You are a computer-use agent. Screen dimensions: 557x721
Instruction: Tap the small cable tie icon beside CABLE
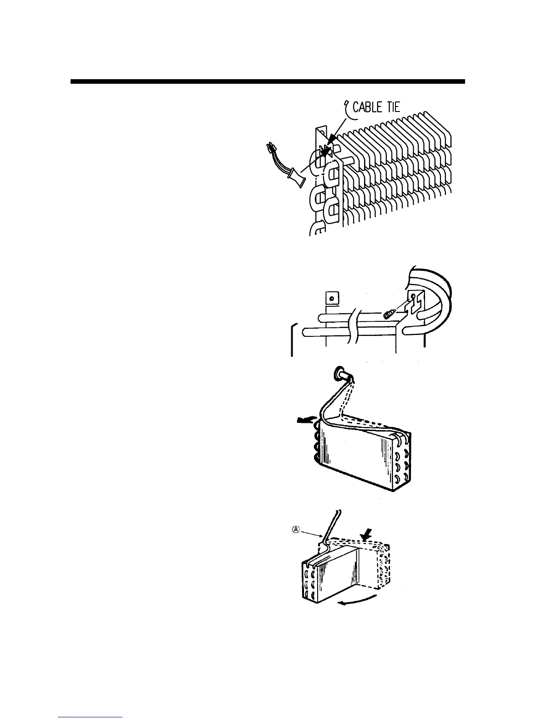point(348,107)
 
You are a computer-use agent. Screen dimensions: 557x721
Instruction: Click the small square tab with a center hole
point(332,299)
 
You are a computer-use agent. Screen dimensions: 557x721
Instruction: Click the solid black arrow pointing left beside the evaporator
point(304,421)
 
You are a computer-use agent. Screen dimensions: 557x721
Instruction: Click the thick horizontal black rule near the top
point(268,82)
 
